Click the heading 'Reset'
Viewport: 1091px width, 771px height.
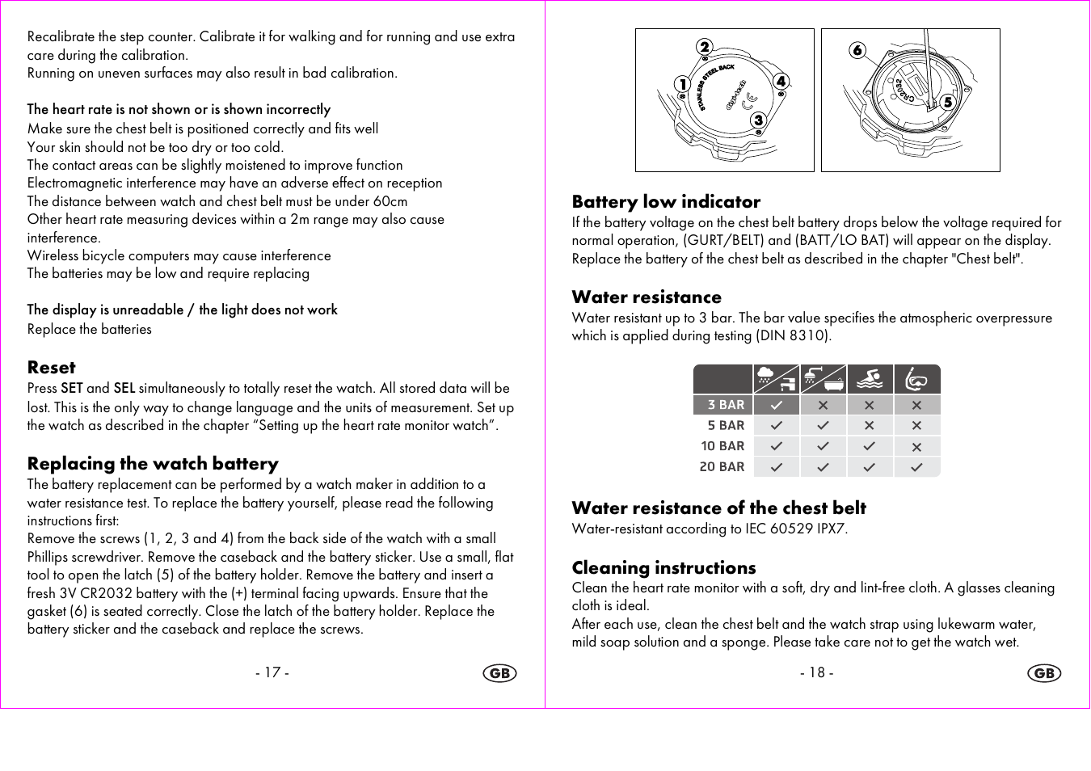(52, 368)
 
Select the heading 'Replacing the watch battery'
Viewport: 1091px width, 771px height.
(153, 464)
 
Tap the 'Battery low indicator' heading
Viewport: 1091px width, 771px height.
(666, 202)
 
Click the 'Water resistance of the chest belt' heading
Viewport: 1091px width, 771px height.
(718, 508)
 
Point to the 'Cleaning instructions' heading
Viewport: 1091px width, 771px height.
(663, 568)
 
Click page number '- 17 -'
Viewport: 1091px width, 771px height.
(272, 672)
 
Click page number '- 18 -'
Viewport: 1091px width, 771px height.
(816, 672)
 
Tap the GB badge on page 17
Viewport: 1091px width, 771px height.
(499, 673)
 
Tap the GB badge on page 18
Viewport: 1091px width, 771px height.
(1044, 673)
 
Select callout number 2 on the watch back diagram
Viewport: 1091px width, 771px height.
(705, 47)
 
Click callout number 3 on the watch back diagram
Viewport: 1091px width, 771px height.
(758, 120)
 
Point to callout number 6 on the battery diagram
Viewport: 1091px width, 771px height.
(857, 50)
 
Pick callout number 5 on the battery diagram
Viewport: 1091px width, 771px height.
(948, 102)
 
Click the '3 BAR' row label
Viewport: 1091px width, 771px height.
(725, 405)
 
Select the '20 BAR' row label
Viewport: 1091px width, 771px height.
(722, 467)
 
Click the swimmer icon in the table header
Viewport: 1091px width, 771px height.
(870, 379)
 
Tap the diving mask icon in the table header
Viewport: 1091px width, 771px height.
(916, 379)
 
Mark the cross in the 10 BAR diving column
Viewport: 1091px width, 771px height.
(916, 446)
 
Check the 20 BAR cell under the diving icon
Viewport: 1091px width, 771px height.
(916, 467)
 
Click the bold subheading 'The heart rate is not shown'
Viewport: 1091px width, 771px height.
(179, 109)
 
